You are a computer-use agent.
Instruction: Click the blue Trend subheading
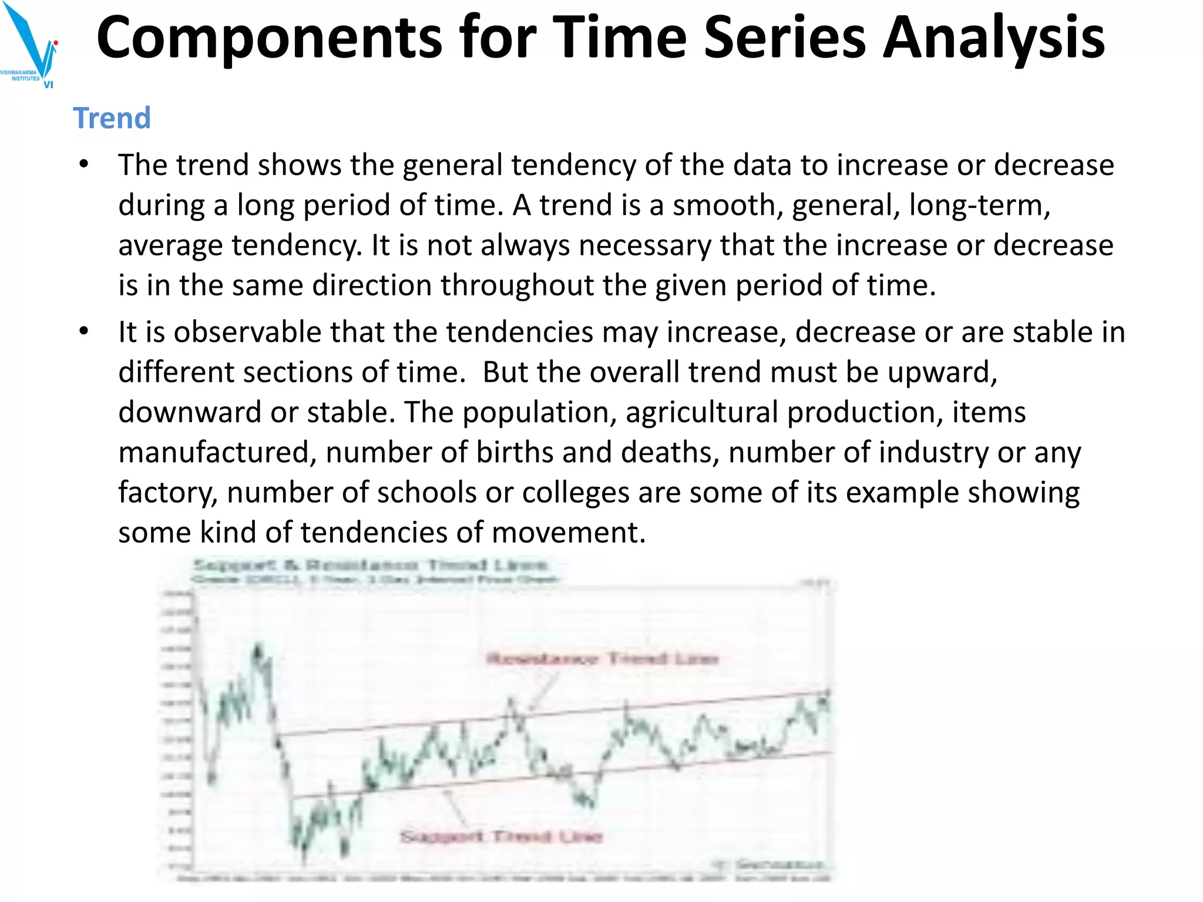(x=112, y=118)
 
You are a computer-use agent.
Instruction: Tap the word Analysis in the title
(x=993, y=38)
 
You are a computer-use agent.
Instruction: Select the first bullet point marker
(x=84, y=165)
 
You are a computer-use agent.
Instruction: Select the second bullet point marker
(x=84, y=332)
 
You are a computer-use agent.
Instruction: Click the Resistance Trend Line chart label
(x=603, y=658)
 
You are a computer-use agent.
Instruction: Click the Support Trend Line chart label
(x=501, y=836)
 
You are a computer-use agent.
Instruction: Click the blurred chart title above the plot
(x=371, y=566)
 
